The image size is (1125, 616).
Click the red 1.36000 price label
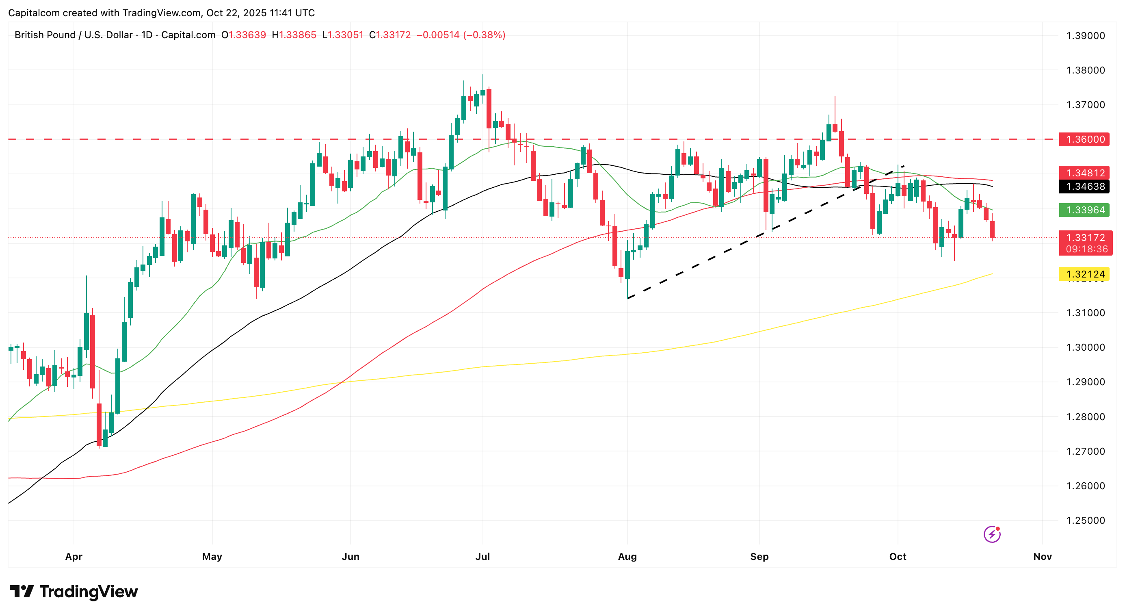coord(1085,139)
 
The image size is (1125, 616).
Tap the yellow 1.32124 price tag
coord(1085,274)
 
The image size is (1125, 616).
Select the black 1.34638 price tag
coord(1085,187)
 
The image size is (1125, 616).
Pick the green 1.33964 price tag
coord(1085,210)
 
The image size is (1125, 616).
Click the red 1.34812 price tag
coord(1085,173)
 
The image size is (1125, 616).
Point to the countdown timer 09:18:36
coord(1086,249)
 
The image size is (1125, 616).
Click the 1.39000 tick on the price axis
coord(1085,36)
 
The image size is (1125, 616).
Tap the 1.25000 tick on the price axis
coord(1085,521)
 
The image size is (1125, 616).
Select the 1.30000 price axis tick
coord(1085,347)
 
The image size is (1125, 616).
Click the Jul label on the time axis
coord(482,557)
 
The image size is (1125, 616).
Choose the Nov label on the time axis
coord(1042,557)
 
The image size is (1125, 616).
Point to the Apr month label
coord(74,557)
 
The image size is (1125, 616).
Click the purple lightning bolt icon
coord(992,534)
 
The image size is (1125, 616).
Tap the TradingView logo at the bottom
coord(74,592)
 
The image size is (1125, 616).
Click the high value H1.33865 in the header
coord(294,35)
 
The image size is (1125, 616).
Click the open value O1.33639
coord(244,35)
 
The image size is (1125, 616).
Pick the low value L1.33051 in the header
coord(343,35)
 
